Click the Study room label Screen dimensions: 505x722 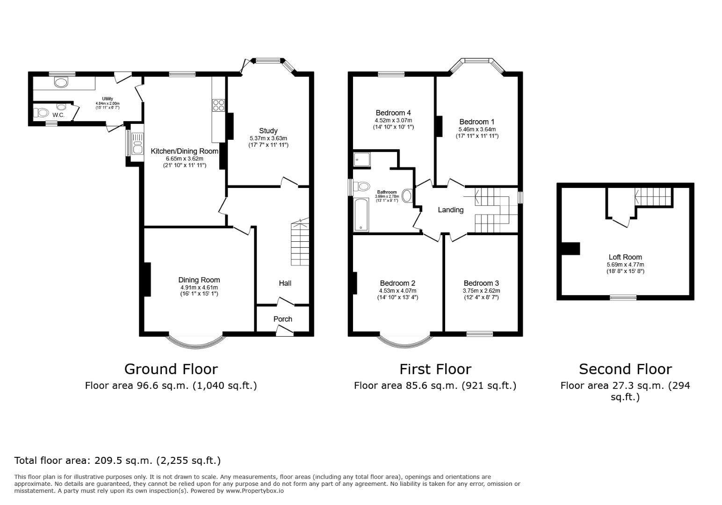click(x=268, y=131)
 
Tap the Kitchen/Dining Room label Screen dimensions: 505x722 click(x=184, y=151)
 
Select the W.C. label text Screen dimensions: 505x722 click(x=58, y=115)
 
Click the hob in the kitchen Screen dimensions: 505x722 click(x=218, y=105)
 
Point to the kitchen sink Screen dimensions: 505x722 click(x=137, y=144)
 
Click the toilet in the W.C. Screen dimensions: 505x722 click(x=42, y=113)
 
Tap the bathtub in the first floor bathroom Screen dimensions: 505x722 click(x=361, y=215)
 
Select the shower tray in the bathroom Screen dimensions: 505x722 click(x=361, y=159)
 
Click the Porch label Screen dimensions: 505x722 click(x=282, y=319)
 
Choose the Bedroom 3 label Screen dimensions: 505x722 click(x=481, y=283)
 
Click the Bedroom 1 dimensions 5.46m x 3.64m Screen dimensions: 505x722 click(x=477, y=129)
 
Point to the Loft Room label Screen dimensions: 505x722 click(x=625, y=257)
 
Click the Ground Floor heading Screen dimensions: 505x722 click(x=171, y=369)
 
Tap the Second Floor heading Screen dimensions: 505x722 click(x=625, y=369)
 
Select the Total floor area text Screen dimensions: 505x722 click(x=117, y=460)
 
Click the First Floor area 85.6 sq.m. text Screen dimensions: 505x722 click(x=435, y=386)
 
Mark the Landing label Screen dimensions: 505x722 click(x=450, y=210)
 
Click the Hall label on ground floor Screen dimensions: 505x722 click(x=285, y=283)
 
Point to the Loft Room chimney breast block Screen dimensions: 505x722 click(x=570, y=248)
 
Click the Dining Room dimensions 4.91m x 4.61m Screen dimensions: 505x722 click(x=199, y=287)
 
